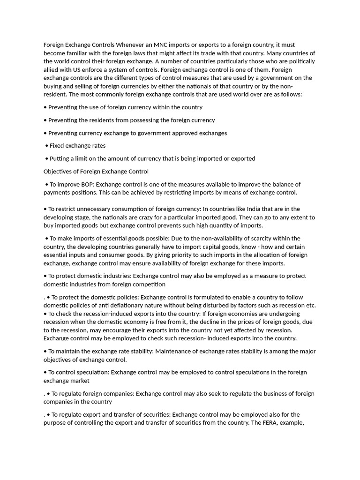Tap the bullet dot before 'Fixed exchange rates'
[47, 146]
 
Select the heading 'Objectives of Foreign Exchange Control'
[96, 172]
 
